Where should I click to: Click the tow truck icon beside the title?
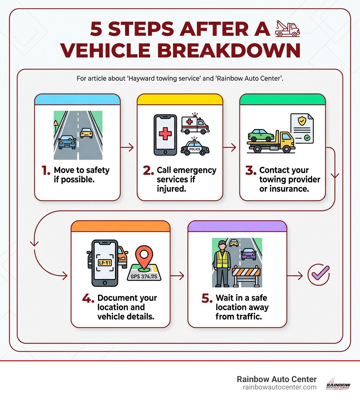pyautogui.click(x=287, y=28)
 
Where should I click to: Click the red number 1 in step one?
pyautogui.click(x=46, y=171)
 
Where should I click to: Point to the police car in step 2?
pyautogui.click(x=195, y=147)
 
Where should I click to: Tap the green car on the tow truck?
pyautogui.click(x=261, y=135)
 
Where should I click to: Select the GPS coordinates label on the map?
pyautogui.click(x=144, y=276)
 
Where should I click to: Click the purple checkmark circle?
pyautogui.click(x=319, y=275)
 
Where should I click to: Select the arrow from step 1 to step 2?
pyautogui.click(x=128, y=148)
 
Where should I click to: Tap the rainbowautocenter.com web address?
pyautogui.click(x=279, y=387)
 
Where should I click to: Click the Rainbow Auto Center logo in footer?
pyautogui.click(x=338, y=383)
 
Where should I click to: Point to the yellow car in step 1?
pyautogui.click(x=86, y=133)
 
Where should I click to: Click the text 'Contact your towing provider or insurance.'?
pyautogui.click(x=289, y=179)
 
